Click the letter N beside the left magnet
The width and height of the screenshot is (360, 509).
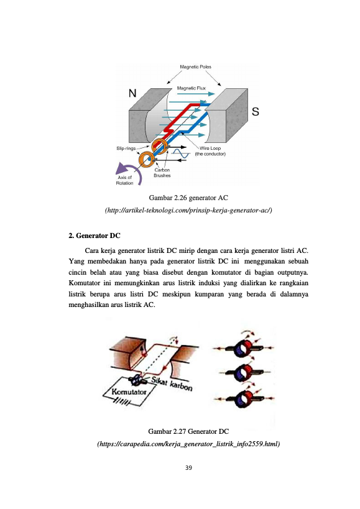click(132, 93)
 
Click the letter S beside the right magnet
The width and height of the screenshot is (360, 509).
click(256, 111)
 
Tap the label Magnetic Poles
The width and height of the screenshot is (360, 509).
click(195, 67)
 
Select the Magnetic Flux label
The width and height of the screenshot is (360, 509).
click(192, 88)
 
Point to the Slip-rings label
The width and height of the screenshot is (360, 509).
click(126, 149)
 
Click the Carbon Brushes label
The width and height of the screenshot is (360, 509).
click(162, 173)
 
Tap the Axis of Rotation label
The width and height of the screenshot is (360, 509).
click(124, 180)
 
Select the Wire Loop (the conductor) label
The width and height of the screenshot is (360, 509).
click(210, 151)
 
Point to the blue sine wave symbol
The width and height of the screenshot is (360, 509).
click(180, 154)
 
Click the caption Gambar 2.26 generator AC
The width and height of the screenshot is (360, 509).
click(188, 198)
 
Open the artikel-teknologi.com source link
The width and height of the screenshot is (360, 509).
click(188, 210)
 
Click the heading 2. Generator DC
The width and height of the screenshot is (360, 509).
click(94, 236)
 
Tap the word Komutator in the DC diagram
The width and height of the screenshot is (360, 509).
click(129, 392)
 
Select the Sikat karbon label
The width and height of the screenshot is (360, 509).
click(172, 384)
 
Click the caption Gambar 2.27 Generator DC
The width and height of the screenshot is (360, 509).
click(188, 431)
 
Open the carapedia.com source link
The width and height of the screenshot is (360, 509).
click(188, 444)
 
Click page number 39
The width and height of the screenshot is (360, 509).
click(188, 468)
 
